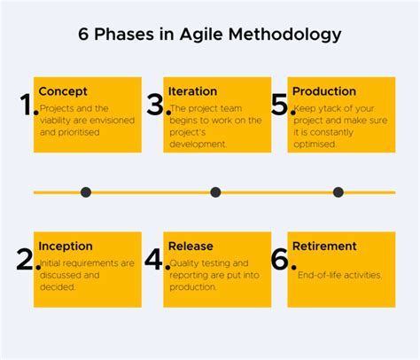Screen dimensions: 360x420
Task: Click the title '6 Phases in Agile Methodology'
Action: point(209,35)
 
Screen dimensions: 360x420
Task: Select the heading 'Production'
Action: point(323,91)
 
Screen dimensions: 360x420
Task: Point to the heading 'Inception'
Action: point(65,247)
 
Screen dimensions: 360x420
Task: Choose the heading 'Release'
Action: point(191,247)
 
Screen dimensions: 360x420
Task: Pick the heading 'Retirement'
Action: point(324,247)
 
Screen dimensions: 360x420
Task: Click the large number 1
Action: point(27,106)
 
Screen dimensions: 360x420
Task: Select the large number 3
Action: point(157,106)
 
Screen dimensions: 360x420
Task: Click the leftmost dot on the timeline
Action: point(86,192)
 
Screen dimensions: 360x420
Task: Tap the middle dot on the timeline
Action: point(215,192)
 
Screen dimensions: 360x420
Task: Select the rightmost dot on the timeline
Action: point(338,192)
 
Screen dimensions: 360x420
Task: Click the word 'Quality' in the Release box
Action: point(184,262)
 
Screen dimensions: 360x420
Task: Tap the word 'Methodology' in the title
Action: point(284,35)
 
